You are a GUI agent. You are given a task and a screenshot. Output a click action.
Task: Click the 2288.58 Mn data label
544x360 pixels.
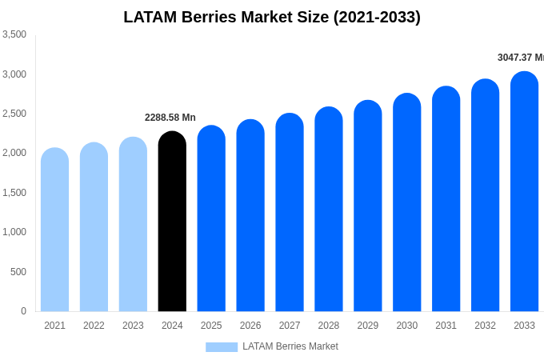(x=170, y=118)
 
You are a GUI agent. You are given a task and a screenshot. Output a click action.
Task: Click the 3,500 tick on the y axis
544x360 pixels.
(x=14, y=34)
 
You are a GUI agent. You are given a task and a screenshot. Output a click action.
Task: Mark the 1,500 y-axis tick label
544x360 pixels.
(x=14, y=193)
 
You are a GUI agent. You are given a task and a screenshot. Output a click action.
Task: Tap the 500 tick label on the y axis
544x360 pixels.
(x=18, y=272)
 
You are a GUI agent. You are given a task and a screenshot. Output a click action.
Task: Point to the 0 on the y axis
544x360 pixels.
(x=23, y=311)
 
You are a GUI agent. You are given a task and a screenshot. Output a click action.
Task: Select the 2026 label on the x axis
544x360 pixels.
(x=250, y=326)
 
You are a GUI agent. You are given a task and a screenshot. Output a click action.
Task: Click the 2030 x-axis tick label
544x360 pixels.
(x=406, y=326)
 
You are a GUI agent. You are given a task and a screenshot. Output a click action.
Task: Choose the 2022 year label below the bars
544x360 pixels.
(x=94, y=326)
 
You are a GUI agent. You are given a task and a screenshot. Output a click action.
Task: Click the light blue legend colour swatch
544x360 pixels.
(x=222, y=347)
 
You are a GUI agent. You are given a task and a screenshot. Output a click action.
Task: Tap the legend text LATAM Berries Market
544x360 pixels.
(x=290, y=346)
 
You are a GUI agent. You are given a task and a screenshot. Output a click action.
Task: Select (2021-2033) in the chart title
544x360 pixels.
(x=377, y=17)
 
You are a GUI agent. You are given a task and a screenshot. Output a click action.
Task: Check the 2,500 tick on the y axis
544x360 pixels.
(x=14, y=114)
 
